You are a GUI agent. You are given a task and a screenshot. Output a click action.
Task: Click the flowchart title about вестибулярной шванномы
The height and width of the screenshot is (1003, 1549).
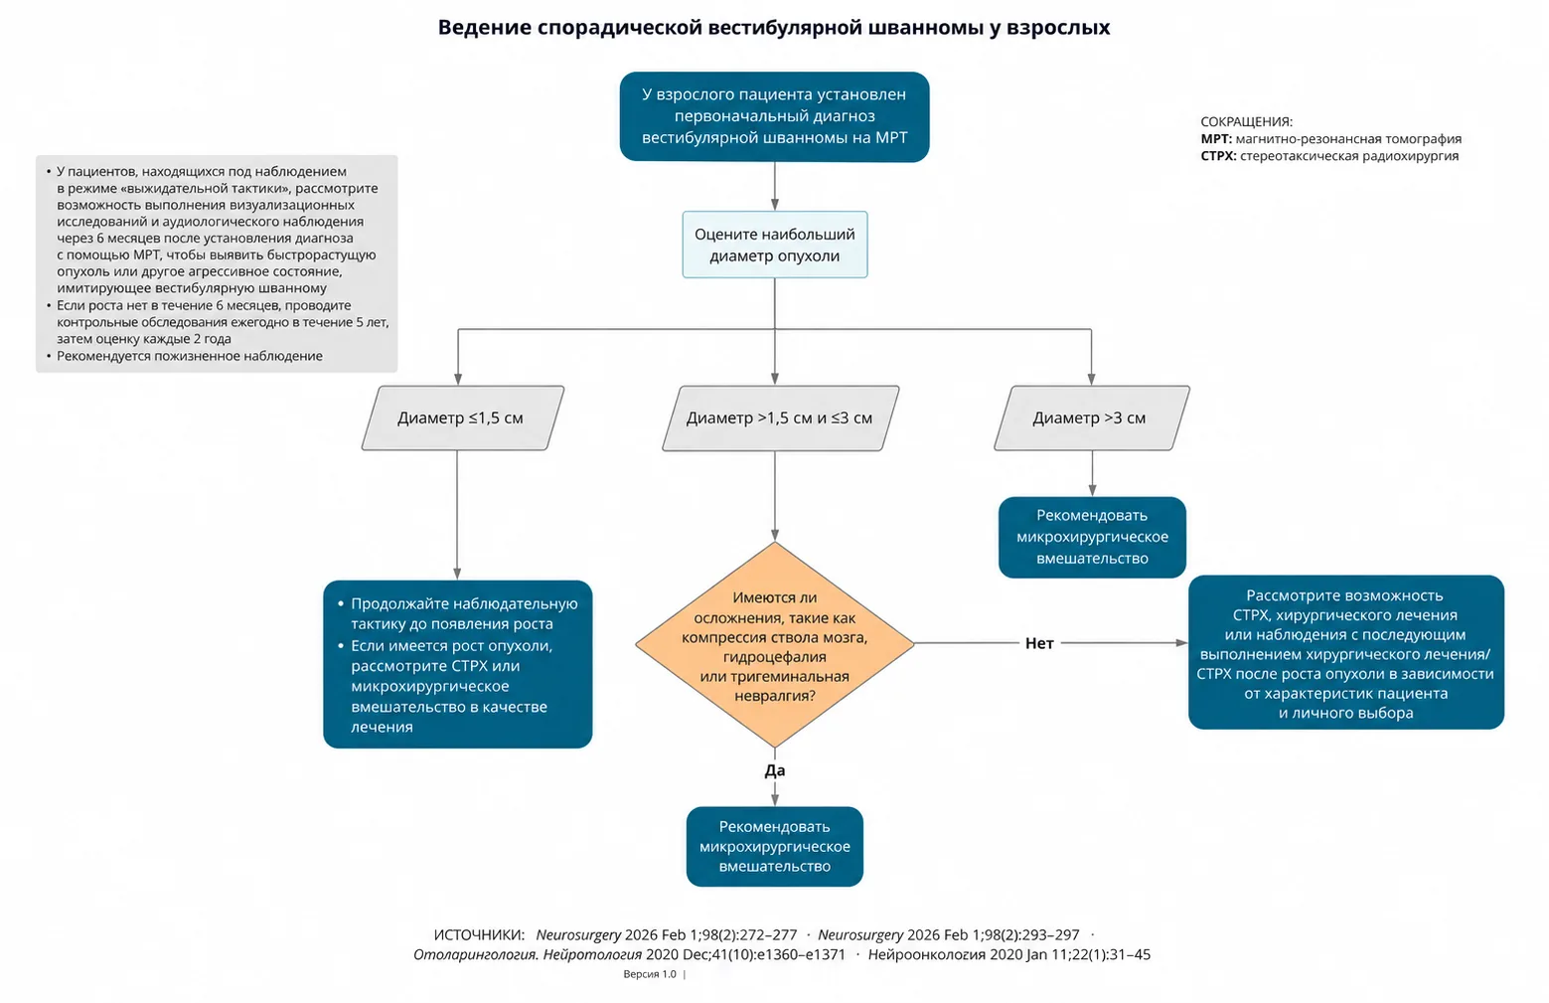click(774, 28)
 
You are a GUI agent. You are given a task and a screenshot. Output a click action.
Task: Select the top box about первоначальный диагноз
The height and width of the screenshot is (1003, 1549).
click(775, 117)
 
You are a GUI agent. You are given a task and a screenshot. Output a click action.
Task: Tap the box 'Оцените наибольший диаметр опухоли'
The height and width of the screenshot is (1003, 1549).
click(775, 245)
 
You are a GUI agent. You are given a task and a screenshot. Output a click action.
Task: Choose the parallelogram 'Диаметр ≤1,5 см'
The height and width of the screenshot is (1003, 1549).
click(463, 418)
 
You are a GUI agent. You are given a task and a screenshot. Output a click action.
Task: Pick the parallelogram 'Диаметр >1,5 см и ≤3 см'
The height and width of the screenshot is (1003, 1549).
click(781, 418)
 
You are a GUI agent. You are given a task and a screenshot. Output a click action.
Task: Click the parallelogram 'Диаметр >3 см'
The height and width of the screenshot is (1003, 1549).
click(1092, 418)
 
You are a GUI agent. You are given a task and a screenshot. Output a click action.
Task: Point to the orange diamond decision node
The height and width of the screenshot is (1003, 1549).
click(775, 645)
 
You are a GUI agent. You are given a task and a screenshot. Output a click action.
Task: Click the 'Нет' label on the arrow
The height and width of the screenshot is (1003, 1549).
click(1039, 643)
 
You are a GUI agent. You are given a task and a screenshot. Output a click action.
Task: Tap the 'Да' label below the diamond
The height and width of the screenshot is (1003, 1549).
click(775, 770)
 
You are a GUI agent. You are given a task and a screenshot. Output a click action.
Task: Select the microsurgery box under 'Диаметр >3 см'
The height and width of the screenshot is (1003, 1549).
click(1092, 538)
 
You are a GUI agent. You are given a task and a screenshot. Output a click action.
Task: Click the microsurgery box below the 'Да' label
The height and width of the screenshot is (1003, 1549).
click(775, 847)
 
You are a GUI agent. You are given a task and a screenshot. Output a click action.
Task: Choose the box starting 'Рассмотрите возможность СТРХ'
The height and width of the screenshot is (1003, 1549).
click(1345, 652)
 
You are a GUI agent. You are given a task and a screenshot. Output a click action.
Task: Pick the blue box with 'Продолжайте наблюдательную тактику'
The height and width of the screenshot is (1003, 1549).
click(458, 664)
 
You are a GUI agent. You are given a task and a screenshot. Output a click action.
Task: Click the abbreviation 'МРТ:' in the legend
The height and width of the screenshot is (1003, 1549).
click(1216, 139)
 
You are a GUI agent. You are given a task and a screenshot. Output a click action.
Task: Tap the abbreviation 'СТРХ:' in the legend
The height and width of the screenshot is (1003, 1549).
click(1218, 156)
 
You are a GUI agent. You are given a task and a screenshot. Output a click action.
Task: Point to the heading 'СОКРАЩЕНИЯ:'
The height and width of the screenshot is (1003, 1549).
click(1247, 121)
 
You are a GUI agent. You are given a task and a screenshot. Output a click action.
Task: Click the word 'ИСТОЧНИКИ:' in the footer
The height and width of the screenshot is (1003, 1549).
click(479, 935)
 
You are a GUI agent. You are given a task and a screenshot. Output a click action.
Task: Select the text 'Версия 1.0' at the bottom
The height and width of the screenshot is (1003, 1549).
click(650, 974)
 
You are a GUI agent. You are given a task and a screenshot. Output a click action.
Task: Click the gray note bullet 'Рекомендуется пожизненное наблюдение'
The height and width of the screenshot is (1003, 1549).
click(190, 356)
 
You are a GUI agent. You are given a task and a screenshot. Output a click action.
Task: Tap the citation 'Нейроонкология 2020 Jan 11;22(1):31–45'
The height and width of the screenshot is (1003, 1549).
click(1009, 955)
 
